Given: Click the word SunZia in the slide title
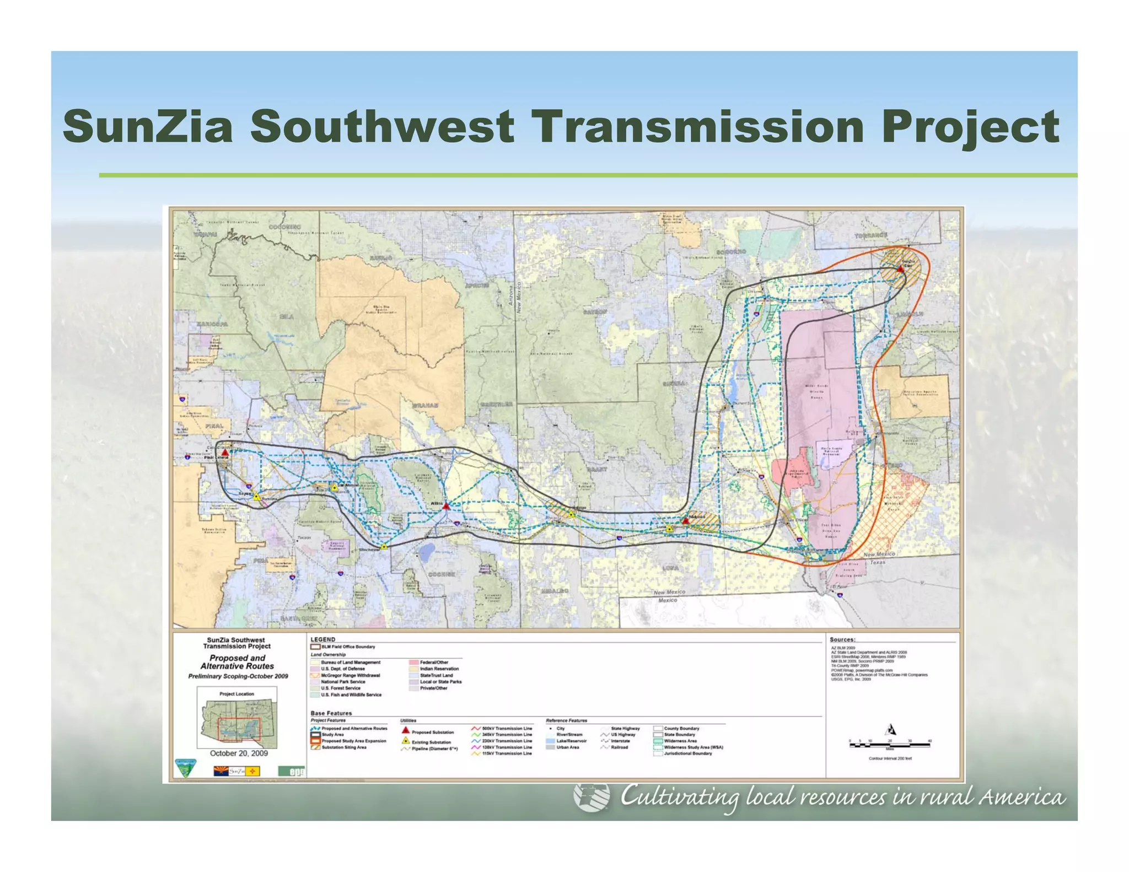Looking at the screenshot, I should tap(148, 127).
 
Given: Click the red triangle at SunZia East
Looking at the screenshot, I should tap(900, 268).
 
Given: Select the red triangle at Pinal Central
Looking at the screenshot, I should tap(225, 453).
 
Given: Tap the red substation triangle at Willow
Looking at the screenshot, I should tap(447, 505).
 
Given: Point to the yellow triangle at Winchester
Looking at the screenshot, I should tap(384, 546).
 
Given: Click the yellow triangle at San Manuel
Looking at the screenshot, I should tap(334, 488).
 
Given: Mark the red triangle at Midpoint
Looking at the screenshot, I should tap(686, 520).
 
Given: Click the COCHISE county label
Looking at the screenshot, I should tap(442, 574).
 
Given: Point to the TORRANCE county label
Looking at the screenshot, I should tap(871, 235).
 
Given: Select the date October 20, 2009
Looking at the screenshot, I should tap(239, 753).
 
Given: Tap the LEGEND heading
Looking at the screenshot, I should tap(322, 639).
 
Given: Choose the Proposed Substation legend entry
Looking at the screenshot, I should tap(432, 732).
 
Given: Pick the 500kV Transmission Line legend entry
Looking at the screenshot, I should tap(506, 728).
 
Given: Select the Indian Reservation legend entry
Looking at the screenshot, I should tap(439, 669).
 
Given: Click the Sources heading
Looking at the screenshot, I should tap(842, 639).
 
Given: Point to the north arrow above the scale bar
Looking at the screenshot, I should tap(890, 730).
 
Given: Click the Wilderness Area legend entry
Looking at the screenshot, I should tap(680, 741).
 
